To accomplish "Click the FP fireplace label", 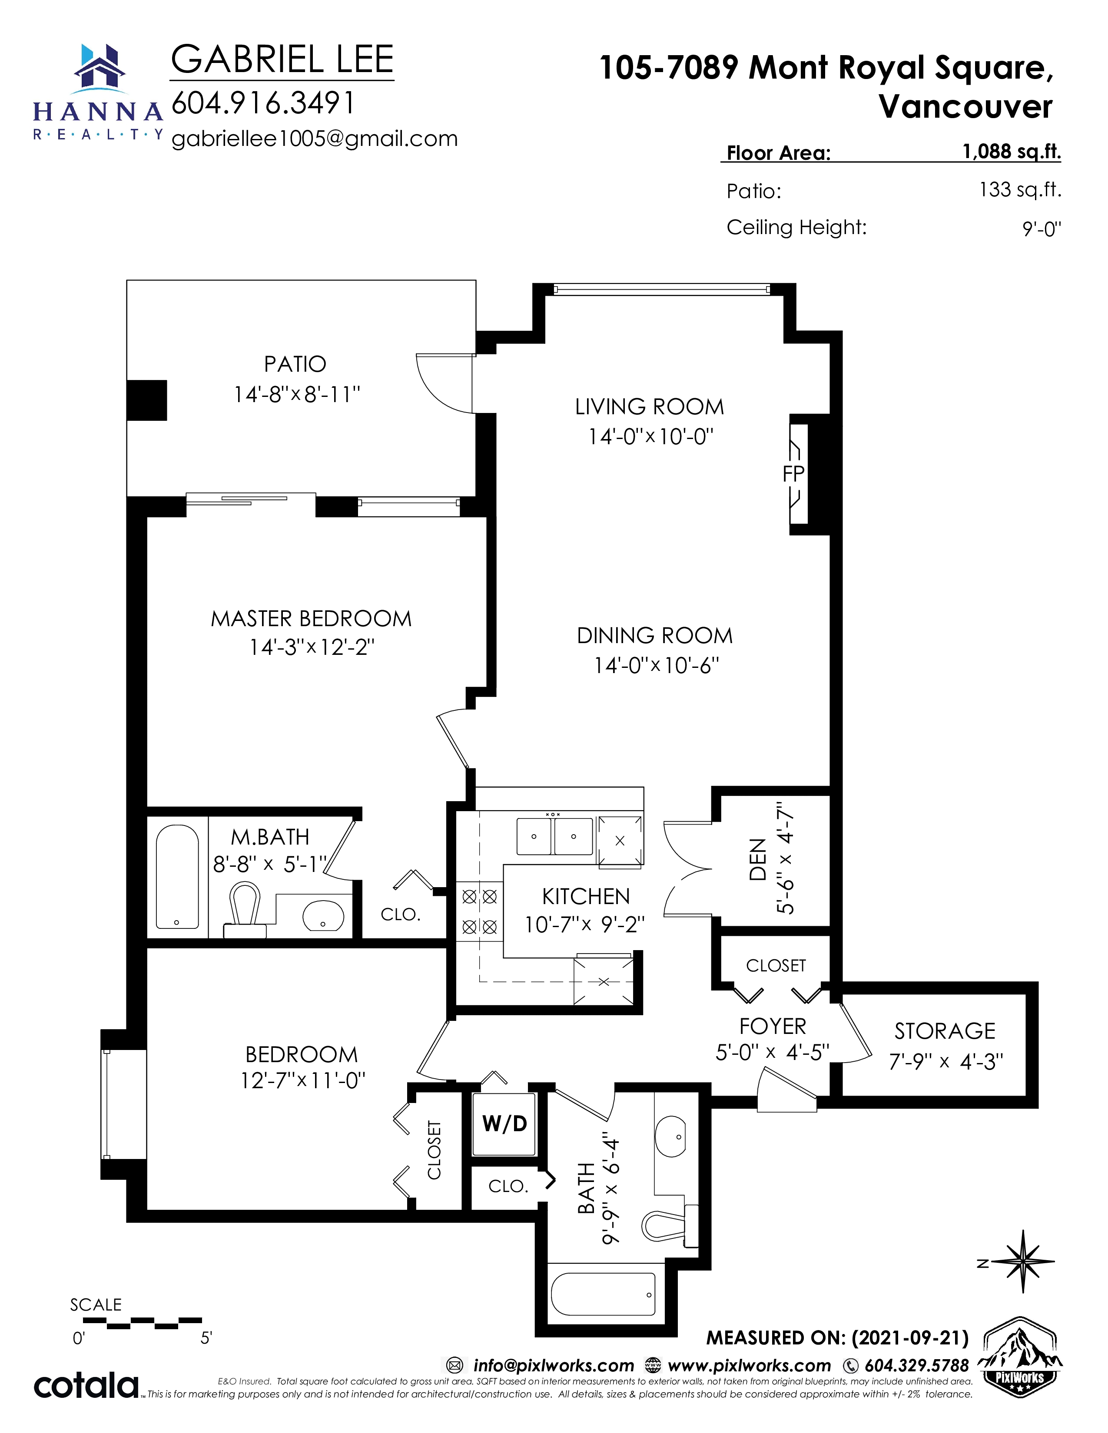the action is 793,474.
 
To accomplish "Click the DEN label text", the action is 757,859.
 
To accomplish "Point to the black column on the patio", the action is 146,400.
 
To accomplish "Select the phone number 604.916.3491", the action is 262,102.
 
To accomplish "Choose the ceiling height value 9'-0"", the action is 1042,229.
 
